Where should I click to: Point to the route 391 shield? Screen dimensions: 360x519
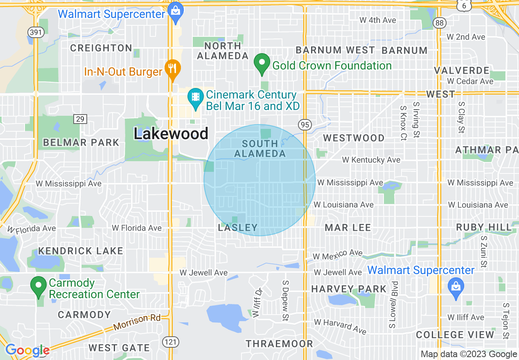coord(36,32)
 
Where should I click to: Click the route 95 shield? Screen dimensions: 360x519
coord(305,125)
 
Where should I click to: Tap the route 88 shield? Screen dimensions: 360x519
coord(440,23)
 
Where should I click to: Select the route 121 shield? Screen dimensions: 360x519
coord(170,341)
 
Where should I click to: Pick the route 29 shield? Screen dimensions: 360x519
coord(80,119)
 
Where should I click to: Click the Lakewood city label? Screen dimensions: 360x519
coord(171,133)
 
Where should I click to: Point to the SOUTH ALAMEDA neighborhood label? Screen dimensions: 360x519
coord(260,148)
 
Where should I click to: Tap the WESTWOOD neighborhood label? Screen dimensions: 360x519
coord(354,138)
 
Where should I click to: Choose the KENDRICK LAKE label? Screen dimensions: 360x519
coord(81,251)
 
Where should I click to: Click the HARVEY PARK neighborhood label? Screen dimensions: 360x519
coord(349,289)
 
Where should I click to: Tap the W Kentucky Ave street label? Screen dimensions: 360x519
coord(371,160)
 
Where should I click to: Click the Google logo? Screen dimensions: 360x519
coord(27,350)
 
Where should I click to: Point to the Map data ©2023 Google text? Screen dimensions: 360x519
coord(469,354)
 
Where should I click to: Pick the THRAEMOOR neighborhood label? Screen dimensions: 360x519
coord(279,344)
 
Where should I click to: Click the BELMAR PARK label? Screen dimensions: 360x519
coord(81,143)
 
